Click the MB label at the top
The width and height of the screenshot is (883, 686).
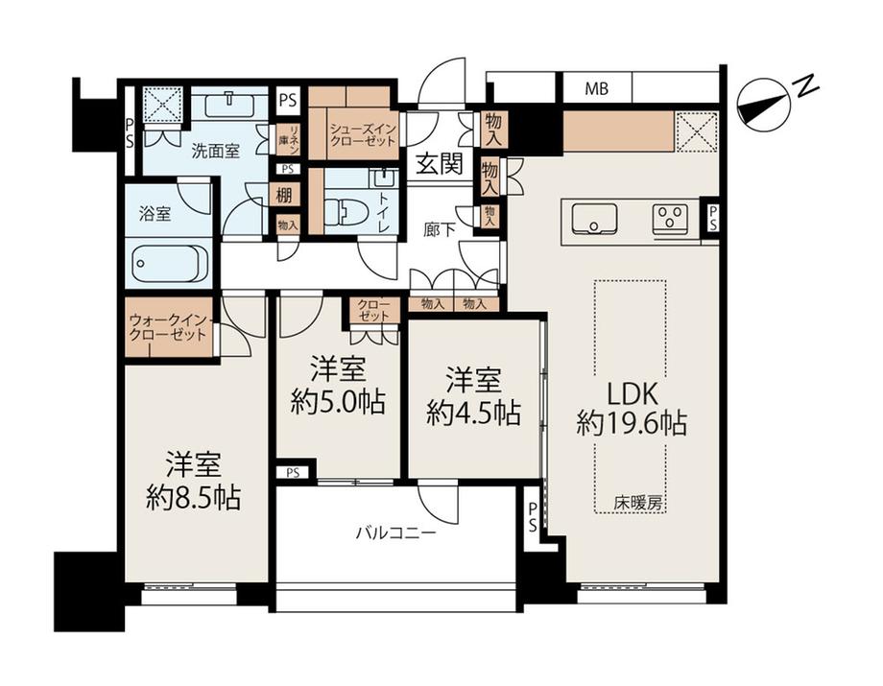[596, 88]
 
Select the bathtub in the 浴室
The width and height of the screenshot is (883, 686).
[168, 264]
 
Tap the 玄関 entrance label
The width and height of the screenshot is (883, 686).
[440, 164]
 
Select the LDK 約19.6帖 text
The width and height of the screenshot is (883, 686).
[632, 409]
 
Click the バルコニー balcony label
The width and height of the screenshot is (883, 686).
[395, 532]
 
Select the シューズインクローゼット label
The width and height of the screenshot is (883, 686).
[363, 135]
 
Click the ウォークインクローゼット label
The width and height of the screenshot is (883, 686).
[168, 327]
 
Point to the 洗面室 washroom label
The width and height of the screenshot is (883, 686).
[216, 151]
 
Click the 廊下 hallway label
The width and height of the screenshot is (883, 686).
[440, 229]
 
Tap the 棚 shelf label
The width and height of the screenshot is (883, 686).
[283, 196]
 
